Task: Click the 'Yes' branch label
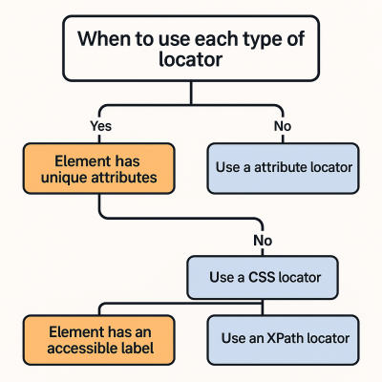(100, 126)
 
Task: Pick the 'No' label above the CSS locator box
(262, 241)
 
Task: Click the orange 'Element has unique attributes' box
(99, 168)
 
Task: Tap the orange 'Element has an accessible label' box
(99, 337)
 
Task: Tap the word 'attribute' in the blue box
(288, 167)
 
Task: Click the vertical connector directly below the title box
(191, 92)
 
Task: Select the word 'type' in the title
(247, 40)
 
